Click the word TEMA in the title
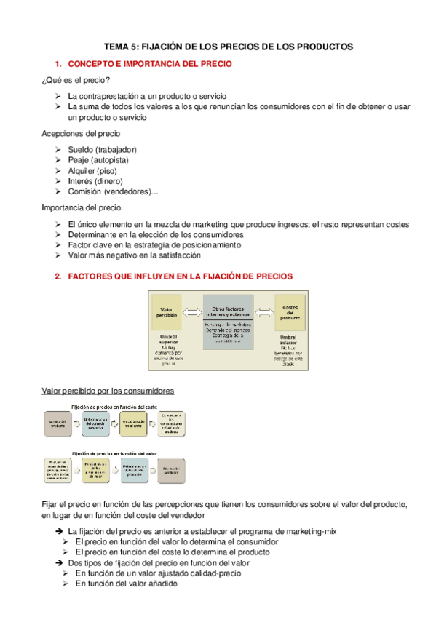[x=114, y=46]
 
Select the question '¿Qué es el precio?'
[x=76, y=80]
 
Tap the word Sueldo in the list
[x=80, y=150]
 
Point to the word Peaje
[x=79, y=160]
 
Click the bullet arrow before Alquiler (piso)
[x=58, y=171]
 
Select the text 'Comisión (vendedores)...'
[x=112, y=191]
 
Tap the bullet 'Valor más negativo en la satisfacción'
[x=134, y=255]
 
